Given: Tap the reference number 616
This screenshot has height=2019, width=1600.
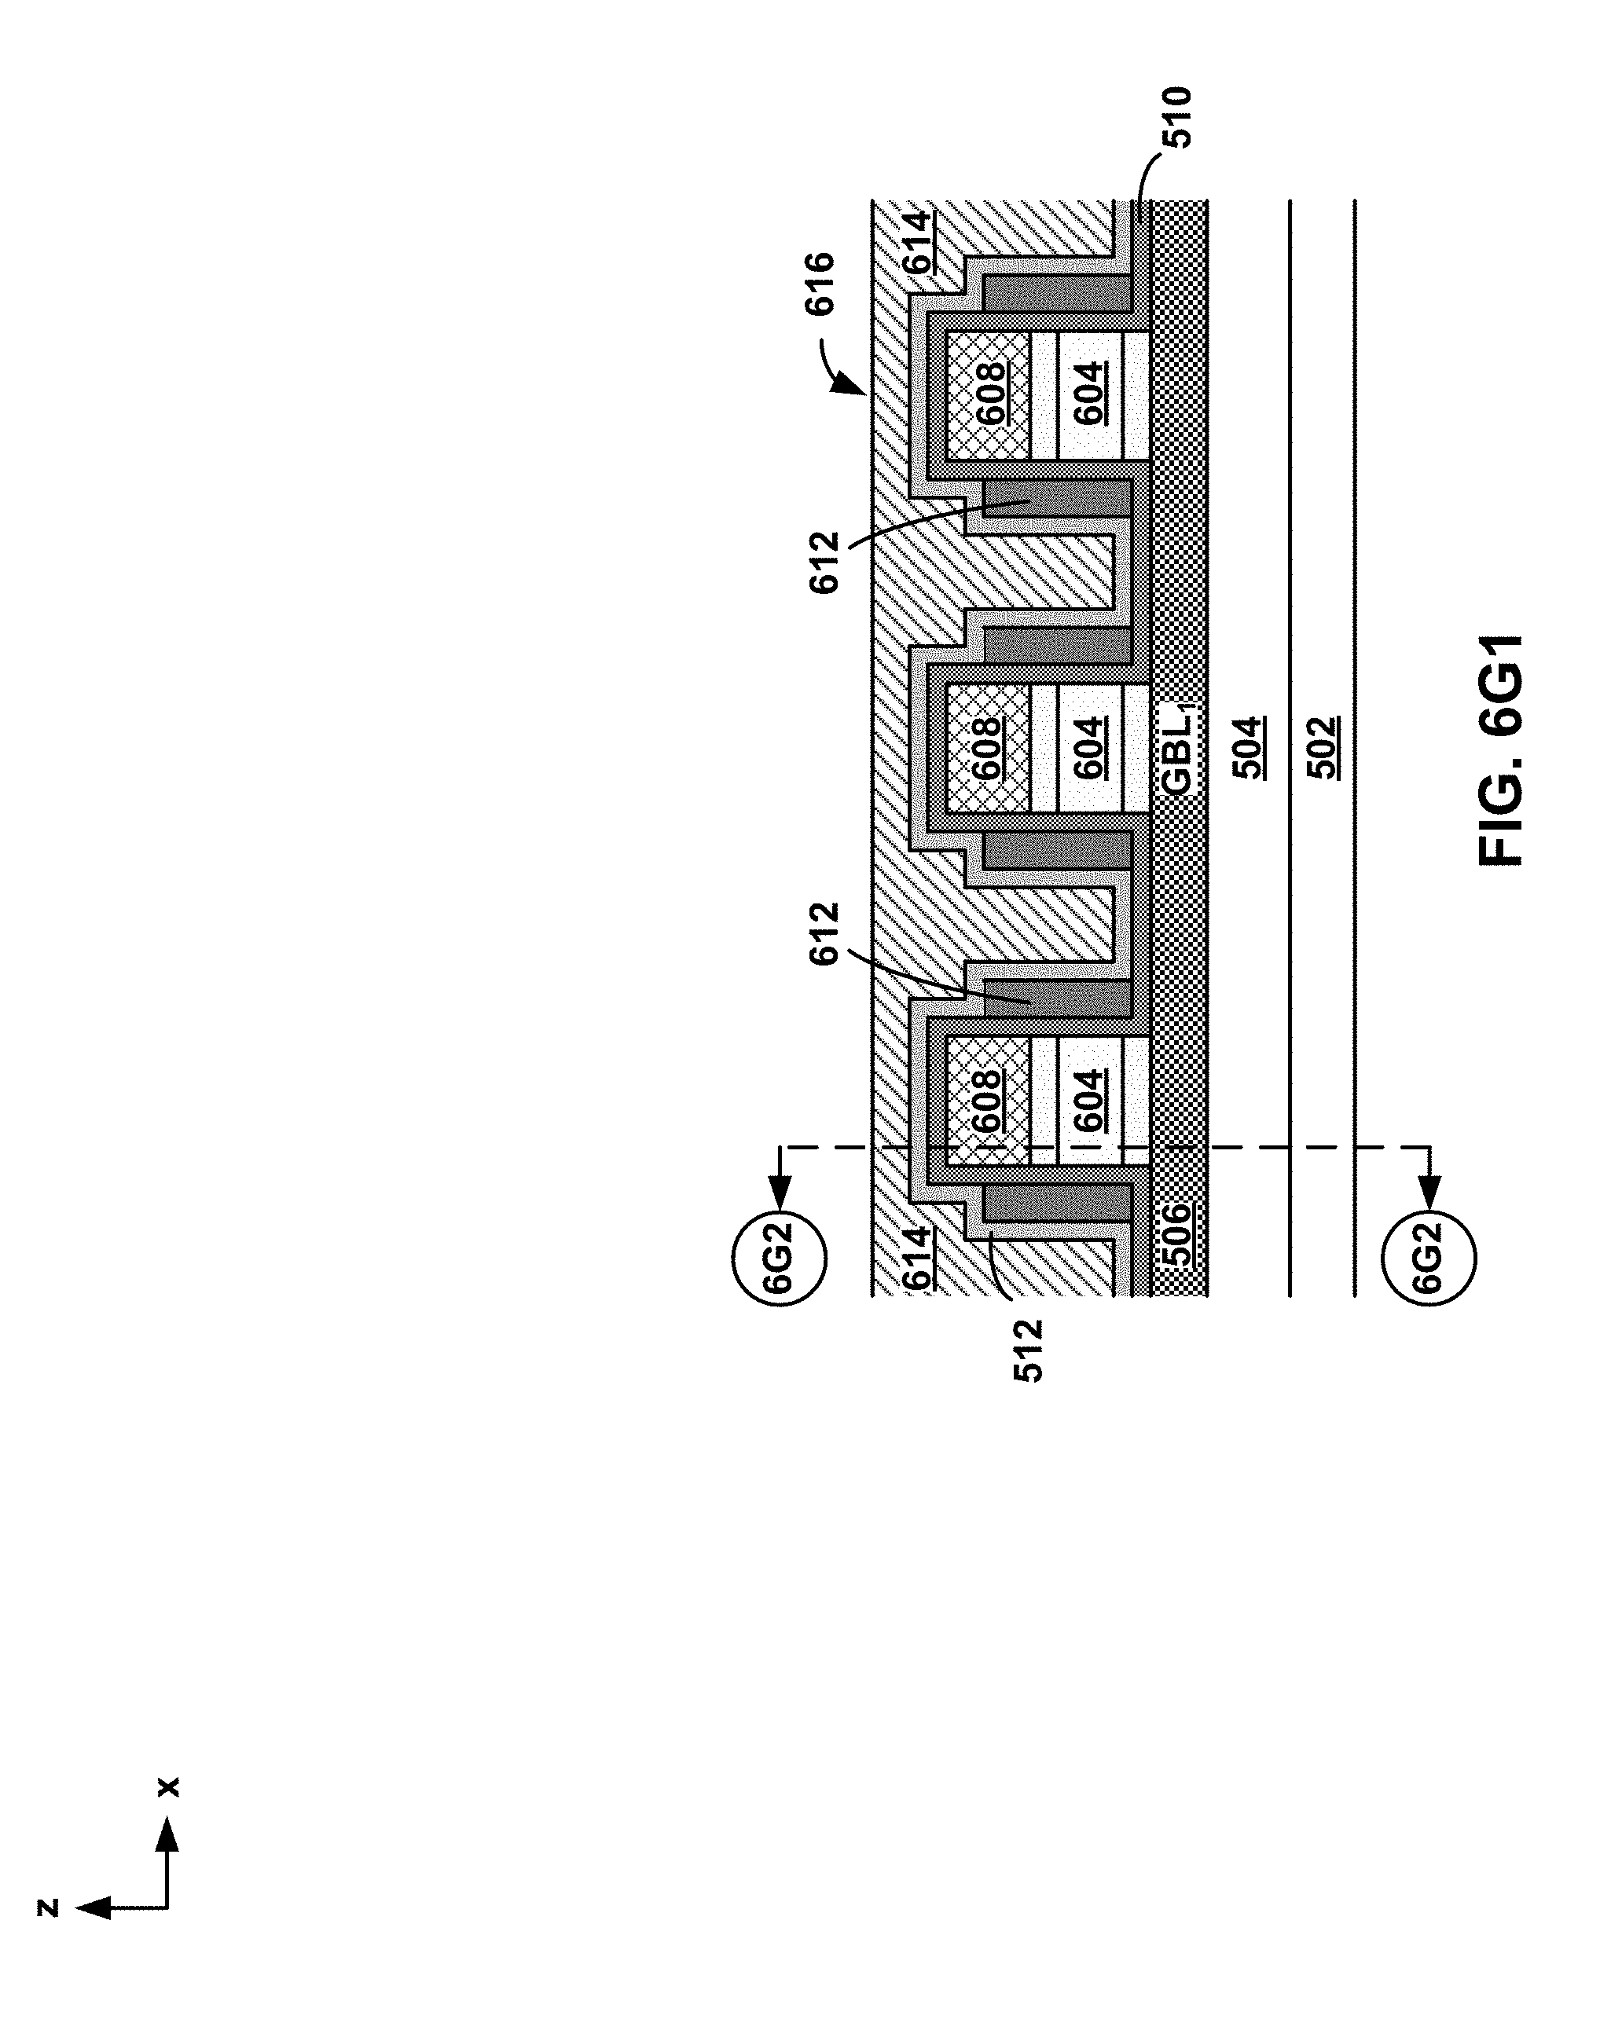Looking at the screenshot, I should [x=820, y=284].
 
